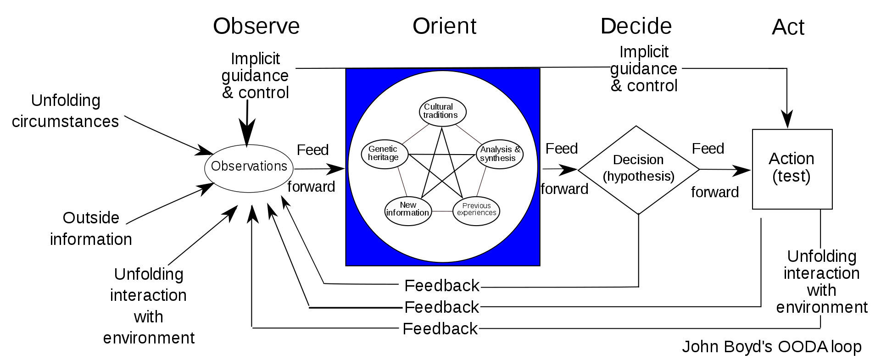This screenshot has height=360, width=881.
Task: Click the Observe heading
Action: tap(256, 26)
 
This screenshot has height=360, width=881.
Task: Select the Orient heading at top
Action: tap(444, 26)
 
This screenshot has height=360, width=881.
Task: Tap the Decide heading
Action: tap(636, 26)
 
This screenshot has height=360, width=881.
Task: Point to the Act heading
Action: tap(788, 28)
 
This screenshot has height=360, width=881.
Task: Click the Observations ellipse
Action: tap(249, 167)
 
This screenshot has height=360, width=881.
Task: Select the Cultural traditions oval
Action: tap(442, 111)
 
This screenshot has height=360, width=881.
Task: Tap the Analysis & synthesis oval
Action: tap(500, 154)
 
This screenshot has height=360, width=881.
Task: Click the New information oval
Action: tap(408, 209)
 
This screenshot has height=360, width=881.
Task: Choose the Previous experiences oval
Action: tap(476, 210)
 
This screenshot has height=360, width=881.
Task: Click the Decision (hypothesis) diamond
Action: tap(638, 169)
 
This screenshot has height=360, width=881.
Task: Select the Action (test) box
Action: tap(792, 169)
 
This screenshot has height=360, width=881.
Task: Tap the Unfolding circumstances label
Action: tap(65, 111)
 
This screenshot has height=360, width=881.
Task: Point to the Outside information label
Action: tap(91, 228)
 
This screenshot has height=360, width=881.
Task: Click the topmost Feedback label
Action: tap(441, 286)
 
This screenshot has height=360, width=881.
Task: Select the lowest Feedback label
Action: tap(440, 329)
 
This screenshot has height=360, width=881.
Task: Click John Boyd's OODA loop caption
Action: tap(771, 347)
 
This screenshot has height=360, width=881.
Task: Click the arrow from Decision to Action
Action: tap(725, 170)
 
